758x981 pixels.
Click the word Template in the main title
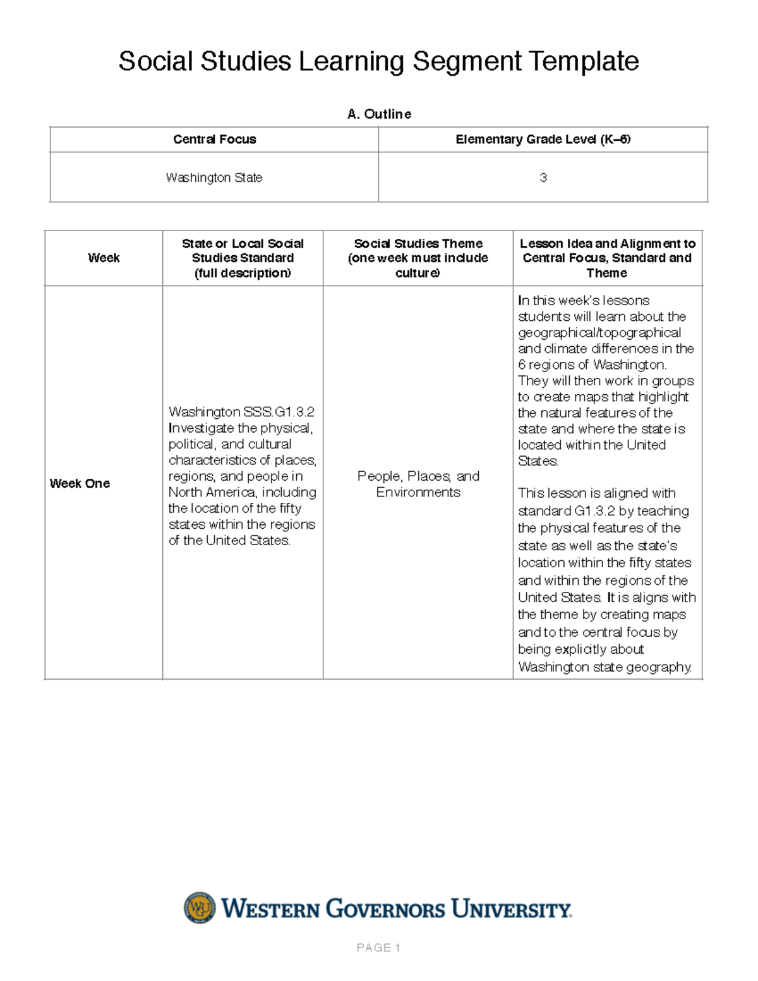[x=584, y=61]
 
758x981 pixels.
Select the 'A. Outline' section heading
[x=379, y=114]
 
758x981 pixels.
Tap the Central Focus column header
[x=214, y=140]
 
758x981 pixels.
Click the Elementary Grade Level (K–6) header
[x=543, y=140]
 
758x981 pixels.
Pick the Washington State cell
[x=214, y=178]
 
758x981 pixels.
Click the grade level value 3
[x=543, y=178]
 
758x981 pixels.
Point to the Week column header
[x=104, y=258]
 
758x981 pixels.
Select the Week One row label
[x=80, y=483]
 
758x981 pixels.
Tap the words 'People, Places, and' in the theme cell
[x=418, y=476]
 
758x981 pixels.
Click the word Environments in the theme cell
[x=418, y=492]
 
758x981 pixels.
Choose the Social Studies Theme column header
[x=418, y=258]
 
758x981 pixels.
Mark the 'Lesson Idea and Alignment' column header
[x=607, y=250]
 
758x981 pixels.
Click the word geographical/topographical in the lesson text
[x=599, y=333]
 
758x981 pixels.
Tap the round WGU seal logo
[x=200, y=908]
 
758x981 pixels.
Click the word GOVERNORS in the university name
[x=385, y=910]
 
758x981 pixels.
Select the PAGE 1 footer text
[x=378, y=948]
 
